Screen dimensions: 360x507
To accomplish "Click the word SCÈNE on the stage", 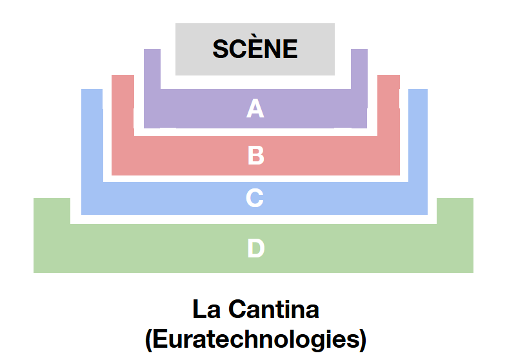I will (255, 49).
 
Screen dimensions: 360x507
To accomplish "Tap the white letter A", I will (255, 109).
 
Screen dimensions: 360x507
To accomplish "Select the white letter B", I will (256, 155).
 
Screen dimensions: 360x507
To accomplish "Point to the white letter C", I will (255, 198).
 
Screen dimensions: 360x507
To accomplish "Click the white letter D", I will (255, 248).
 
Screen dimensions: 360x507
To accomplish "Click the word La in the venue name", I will (204, 310).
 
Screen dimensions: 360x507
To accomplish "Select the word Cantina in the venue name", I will (274, 310).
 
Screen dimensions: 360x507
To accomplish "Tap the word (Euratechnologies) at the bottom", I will (255, 338).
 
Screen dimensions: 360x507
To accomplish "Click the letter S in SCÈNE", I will (221, 50).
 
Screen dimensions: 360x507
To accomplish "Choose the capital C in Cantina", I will (237, 310).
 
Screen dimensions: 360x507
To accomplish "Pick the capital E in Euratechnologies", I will (161, 338).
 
